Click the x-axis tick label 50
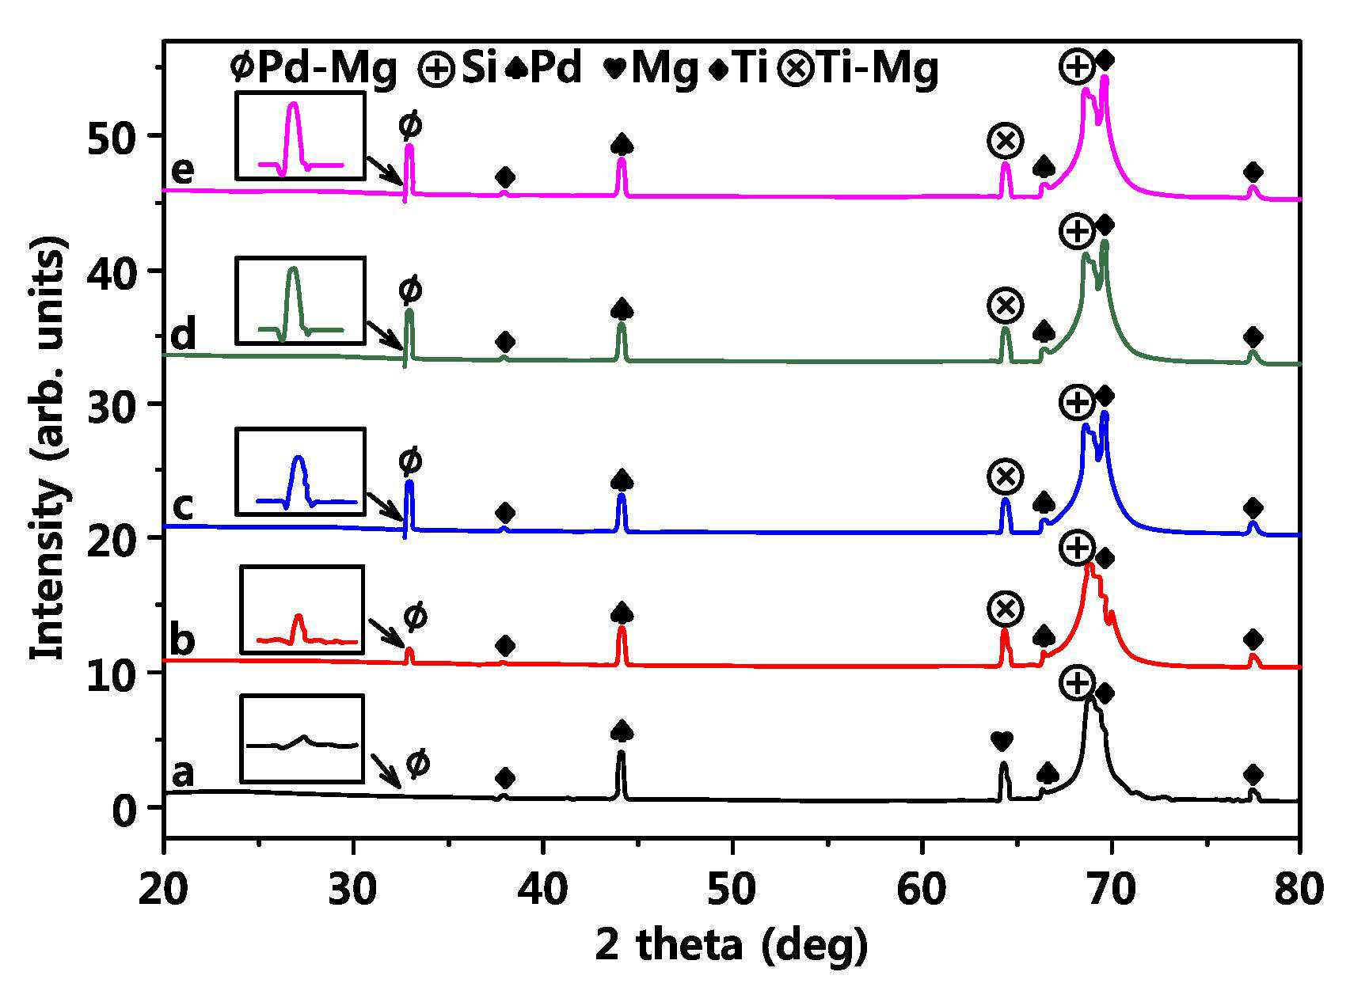pyautogui.click(x=732, y=890)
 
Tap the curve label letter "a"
pyautogui.click(x=183, y=774)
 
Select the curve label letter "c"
pyautogui.click(x=183, y=507)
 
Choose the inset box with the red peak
pyautogui.click(x=302, y=609)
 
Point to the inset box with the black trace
pyautogui.click(x=302, y=738)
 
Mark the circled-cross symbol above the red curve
pyautogui.click(x=1006, y=609)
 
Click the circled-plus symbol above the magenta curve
pyautogui.click(x=1077, y=66)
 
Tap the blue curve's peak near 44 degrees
pyautogui.click(x=622, y=495)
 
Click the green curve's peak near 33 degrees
pyautogui.click(x=409, y=312)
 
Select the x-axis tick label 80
pyautogui.click(x=1300, y=890)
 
